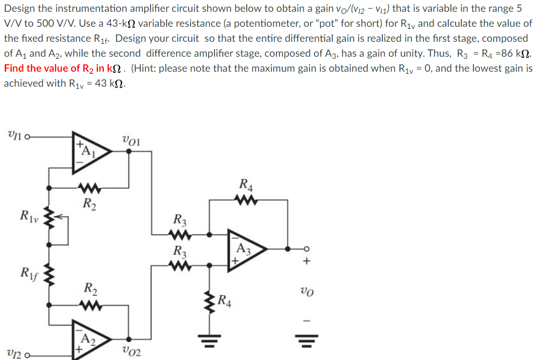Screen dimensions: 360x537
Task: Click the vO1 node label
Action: click(131, 141)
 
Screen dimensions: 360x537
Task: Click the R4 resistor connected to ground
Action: click(209, 303)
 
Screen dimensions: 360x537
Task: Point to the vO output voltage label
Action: click(305, 293)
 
